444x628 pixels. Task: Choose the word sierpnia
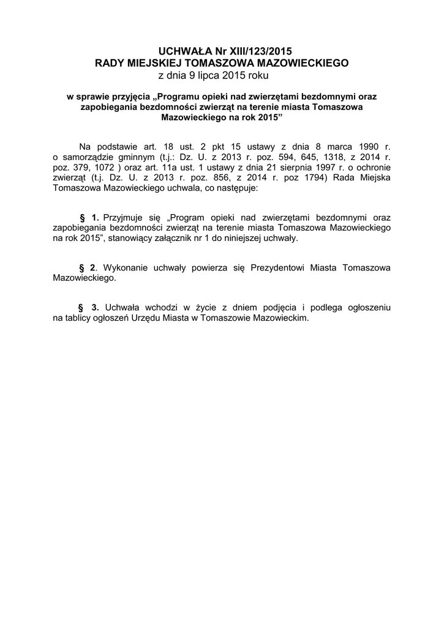pos(285,167)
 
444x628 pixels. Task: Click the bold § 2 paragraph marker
pos(88,268)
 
